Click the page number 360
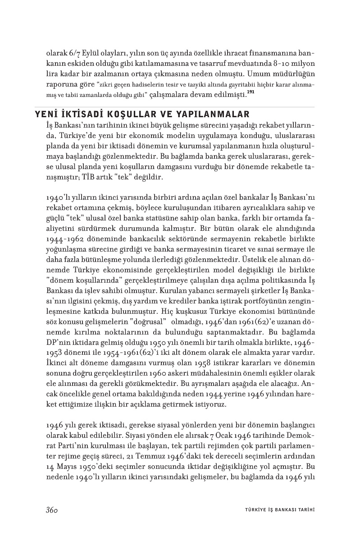pyautogui.click(x=53, y=510)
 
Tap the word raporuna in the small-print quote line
pyautogui.click(x=61, y=84)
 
